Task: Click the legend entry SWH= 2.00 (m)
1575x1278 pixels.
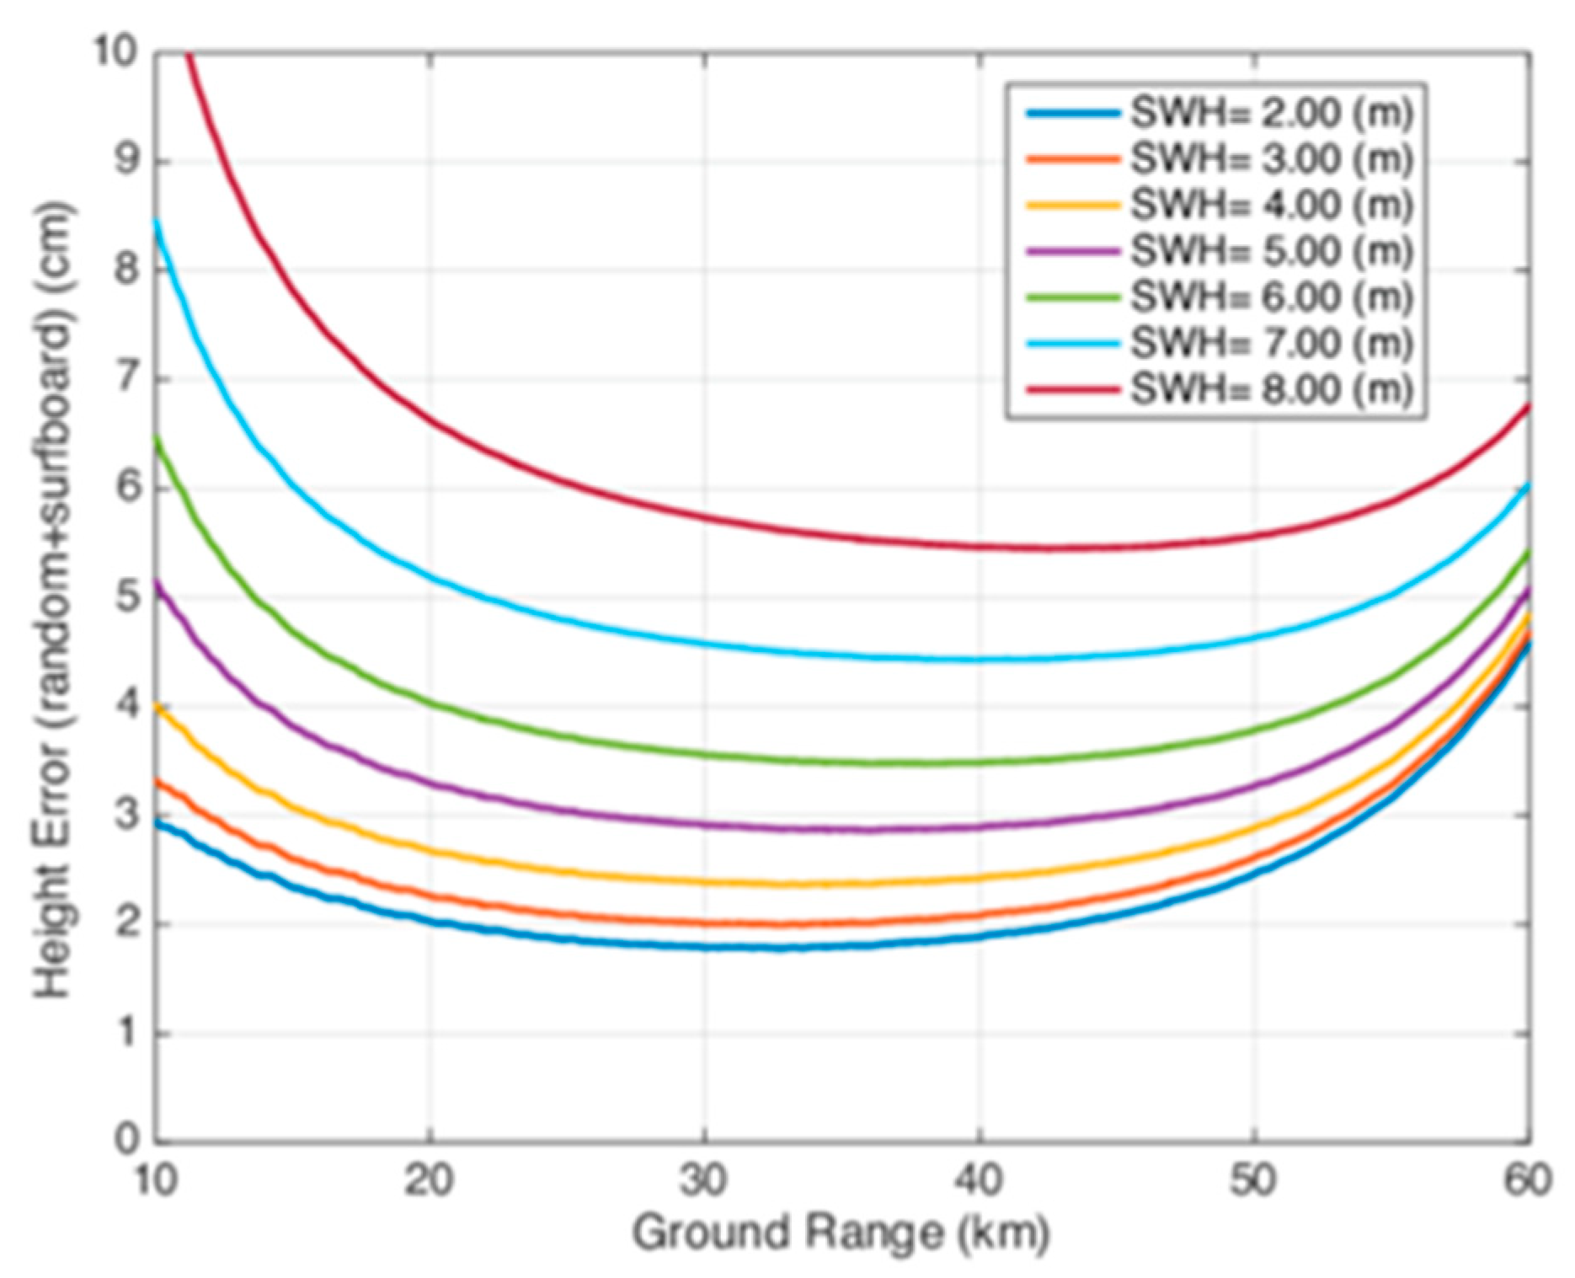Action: [x=1270, y=113]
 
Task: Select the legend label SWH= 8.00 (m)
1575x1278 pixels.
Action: [x=1270, y=389]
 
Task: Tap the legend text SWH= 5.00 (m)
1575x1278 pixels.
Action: [x=1270, y=251]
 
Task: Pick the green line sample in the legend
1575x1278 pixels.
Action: [x=1073, y=297]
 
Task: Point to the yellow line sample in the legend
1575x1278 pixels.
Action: [x=1073, y=205]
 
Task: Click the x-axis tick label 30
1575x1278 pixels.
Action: [x=704, y=1180]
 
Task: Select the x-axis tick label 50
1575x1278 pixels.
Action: [x=1253, y=1180]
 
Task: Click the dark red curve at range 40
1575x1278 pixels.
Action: [x=979, y=547]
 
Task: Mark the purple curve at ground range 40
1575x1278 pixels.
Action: [x=979, y=827]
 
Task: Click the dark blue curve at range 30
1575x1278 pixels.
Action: [x=704, y=947]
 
